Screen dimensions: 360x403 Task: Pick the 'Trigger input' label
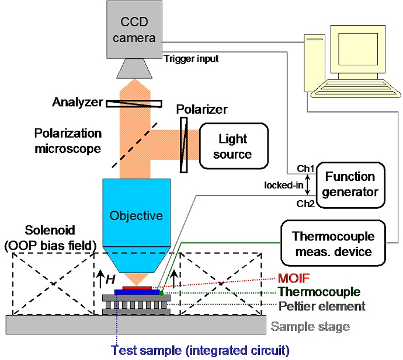click(190, 58)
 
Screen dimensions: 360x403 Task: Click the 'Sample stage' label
click(310, 326)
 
